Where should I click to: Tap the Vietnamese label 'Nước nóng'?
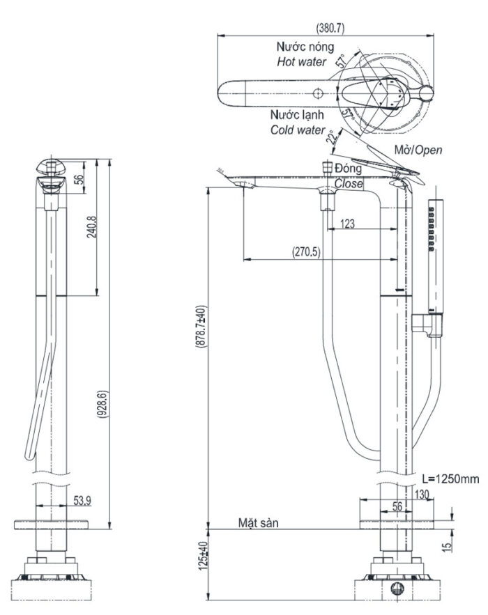pyautogui.click(x=300, y=47)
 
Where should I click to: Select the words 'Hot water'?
pyautogui.click(x=301, y=62)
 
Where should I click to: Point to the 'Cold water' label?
pyautogui.click(x=298, y=130)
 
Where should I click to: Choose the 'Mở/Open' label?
pyautogui.click(x=418, y=150)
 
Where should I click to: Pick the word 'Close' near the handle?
pyautogui.click(x=349, y=185)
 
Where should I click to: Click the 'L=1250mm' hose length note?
pyautogui.click(x=451, y=480)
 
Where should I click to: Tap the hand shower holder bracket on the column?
pyautogui.click(x=427, y=324)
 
